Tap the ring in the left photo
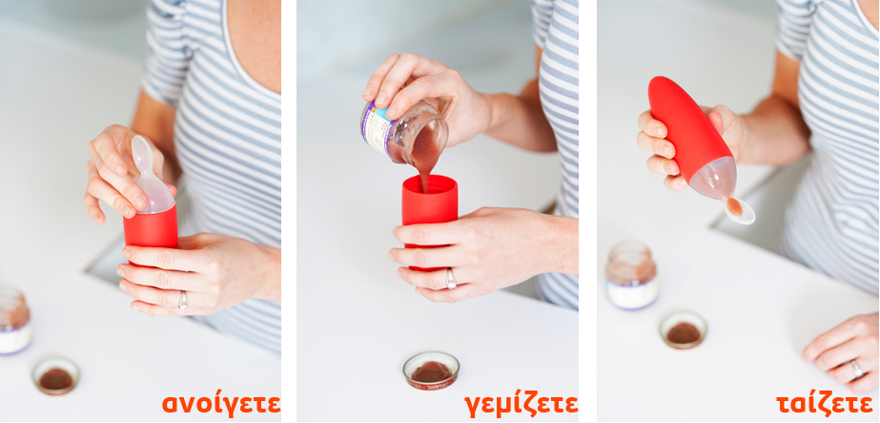[182, 301]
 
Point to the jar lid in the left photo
[55, 374]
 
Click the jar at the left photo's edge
[13, 320]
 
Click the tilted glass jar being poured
[404, 132]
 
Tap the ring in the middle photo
[451, 279]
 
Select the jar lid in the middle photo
[431, 370]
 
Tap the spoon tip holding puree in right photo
[738, 210]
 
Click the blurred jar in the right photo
[631, 275]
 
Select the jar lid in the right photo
[683, 330]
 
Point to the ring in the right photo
[856, 369]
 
